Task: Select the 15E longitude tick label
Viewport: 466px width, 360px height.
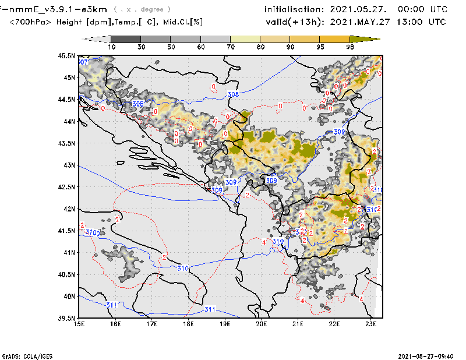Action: [80, 324]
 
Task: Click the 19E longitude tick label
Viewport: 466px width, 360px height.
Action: [225, 324]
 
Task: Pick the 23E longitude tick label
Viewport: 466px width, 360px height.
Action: [370, 324]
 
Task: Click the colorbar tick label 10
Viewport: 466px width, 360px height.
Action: [111, 47]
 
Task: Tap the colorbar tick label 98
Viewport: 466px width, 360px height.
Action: [351, 47]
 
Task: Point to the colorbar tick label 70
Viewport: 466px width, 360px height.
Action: [231, 47]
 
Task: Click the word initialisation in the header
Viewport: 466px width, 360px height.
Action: [294, 9]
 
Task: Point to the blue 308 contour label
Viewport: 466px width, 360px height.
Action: [233, 94]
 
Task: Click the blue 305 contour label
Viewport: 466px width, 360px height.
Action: [137, 104]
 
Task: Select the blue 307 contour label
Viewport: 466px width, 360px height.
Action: [83, 62]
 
